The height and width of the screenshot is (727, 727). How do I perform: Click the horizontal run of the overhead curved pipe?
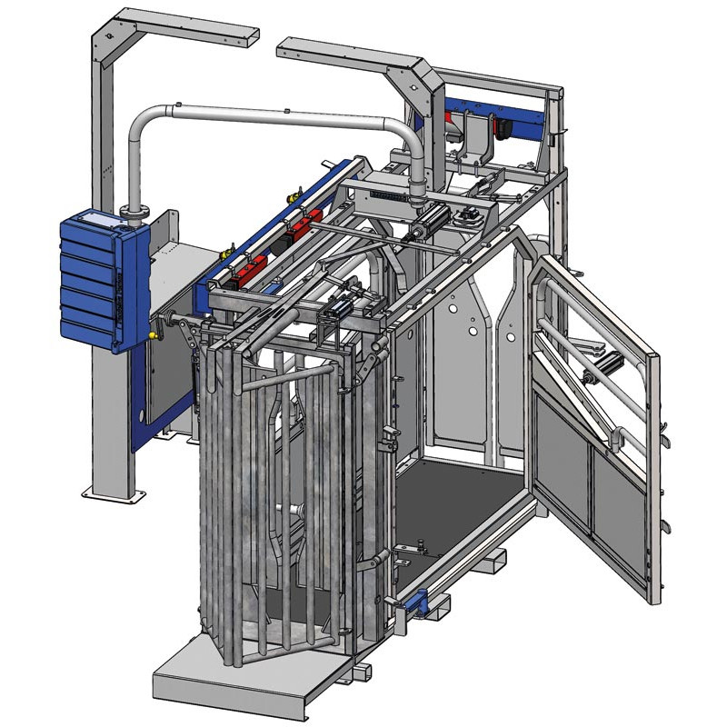pyautogui.click(x=273, y=117)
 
